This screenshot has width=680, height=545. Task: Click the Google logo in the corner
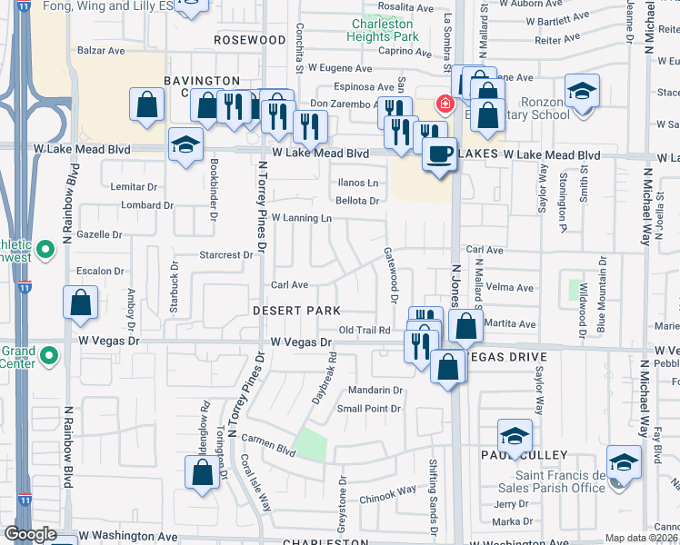30,534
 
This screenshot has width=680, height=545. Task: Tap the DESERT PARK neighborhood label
296,311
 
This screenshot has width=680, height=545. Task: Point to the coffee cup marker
439,154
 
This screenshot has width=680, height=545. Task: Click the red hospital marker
445,104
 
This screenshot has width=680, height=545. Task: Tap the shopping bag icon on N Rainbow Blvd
81,303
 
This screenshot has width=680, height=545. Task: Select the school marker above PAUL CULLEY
515,436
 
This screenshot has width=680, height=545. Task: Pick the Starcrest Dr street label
225,255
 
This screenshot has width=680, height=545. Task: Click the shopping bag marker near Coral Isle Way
202,471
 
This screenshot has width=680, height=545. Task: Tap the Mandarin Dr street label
369,391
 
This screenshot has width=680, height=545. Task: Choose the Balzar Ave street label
101,51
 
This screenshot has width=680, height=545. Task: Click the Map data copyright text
642,538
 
